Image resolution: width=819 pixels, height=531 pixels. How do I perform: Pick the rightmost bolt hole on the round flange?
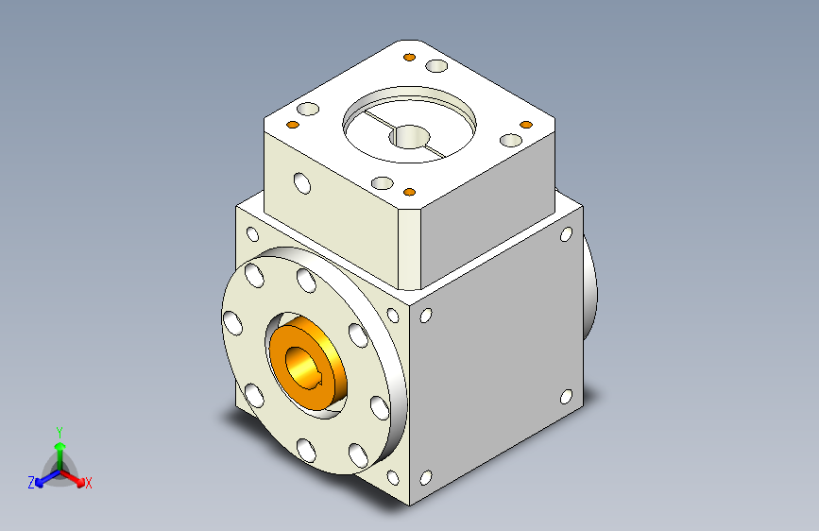click(380, 407)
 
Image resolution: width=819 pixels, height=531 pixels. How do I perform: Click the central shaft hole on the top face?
click(411, 138)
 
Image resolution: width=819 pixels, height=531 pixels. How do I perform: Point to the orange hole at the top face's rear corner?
click(408, 59)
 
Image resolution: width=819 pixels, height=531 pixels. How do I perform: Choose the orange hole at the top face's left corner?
click(292, 126)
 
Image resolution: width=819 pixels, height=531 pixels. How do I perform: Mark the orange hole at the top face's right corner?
click(526, 125)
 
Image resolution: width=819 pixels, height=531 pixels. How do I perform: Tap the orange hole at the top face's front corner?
click(410, 192)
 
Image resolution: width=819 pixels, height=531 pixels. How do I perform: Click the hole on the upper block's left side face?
click(301, 181)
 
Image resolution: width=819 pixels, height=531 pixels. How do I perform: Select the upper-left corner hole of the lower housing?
click(252, 234)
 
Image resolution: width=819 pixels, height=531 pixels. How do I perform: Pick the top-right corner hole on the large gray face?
click(566, 234)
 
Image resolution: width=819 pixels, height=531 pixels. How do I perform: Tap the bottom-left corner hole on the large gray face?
click(425, 478)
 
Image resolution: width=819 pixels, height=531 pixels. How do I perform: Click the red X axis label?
click(89, 483)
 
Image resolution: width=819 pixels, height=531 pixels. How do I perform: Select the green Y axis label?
click(59, 429)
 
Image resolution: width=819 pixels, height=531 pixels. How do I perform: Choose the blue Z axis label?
click(31, 482)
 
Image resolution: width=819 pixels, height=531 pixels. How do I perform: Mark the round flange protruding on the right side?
click(591, 287)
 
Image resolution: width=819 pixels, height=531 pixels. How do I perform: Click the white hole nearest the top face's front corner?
click(383, 182)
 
